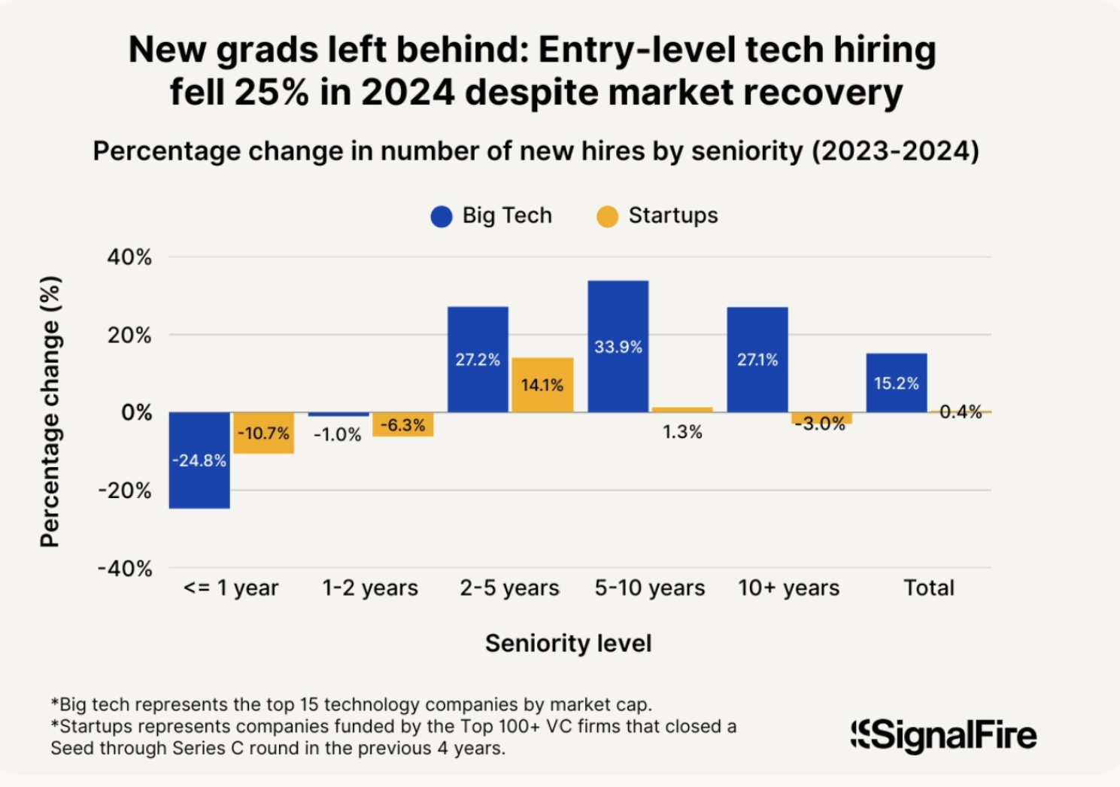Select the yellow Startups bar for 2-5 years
point(542,384)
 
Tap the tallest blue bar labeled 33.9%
point(618,346)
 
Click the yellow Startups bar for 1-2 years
point(403,424)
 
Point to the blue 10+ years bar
point(757,359)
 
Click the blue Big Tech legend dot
point(442,217)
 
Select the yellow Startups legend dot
point(607,217)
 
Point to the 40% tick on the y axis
point(129,257)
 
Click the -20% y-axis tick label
point(125,491)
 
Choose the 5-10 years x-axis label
point(650,588)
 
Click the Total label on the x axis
point(929,588)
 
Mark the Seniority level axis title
point(569,643)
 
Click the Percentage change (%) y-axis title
point(50,412)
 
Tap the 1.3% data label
point(682,432)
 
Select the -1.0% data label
point(338,435)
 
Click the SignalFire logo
point(944,735)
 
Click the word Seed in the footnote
point(70,748)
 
